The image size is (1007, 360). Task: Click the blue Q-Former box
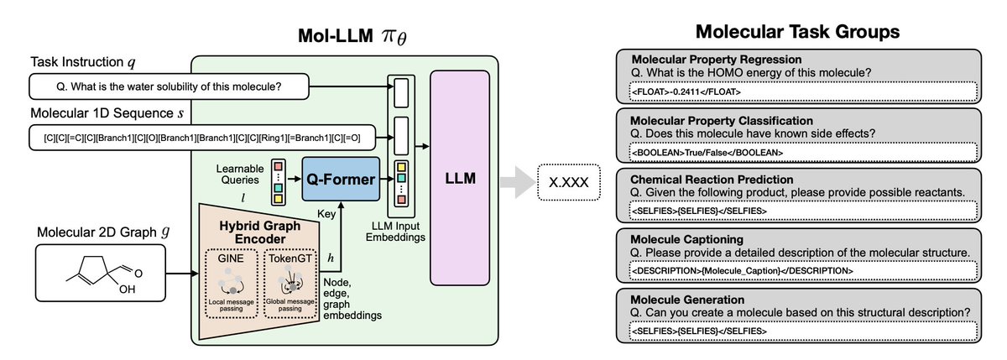click(341, 179)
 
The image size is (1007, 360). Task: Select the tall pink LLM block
click(460, 178)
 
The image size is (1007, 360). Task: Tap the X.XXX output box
click(569, 182)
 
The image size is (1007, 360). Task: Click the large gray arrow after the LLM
click(518, 182)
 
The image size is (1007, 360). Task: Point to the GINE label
click(231, 258)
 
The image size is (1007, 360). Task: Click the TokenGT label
click(290, 258)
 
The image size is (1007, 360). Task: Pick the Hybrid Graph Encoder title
click(260, 232)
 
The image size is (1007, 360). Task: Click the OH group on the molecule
click(128, 289)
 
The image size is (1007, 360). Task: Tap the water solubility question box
click(169, 86)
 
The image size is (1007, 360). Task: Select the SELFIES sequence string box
click(202, 138)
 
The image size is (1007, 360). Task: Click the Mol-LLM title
click(352, 35)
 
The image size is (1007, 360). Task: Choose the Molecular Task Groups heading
click(797, 31)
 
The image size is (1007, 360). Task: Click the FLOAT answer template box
click(803, 91)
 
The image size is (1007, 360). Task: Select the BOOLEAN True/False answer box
click(803, 153)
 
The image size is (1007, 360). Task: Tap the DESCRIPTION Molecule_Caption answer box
click(803, 270)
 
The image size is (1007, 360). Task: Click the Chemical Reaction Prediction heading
click(712, 180)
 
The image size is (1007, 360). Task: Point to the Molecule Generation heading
click(687, 300)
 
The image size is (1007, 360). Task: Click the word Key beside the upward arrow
click(326, 213)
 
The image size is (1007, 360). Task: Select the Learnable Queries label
click(240, 174)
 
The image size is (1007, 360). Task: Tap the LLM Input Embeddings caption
click(395, 232)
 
